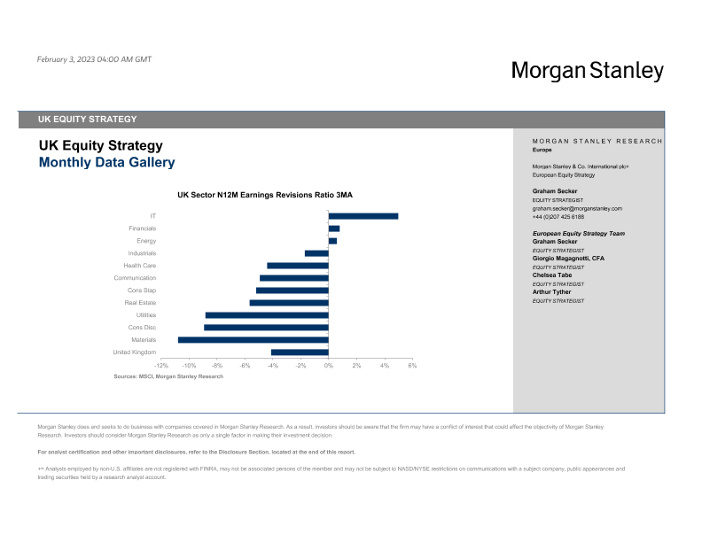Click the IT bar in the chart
point(363,216)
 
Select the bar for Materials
point(253,340)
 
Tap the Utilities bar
point(267,315)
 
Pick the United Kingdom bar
point(300,352)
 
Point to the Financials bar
point(334,228)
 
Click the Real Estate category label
point(141,303)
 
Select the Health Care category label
point(140,266)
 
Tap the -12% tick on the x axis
point(161,365)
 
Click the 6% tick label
point(412,365)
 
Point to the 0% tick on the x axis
point(328,365)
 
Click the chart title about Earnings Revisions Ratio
point(265,194)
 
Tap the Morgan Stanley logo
point(587,71)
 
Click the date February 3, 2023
point(95,59)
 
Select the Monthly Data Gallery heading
point(106,163)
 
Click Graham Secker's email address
point(577,208)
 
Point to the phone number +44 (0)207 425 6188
point(558,216)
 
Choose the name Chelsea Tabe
point(552,275)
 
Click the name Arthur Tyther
point(552,291)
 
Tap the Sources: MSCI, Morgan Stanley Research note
point(168,376)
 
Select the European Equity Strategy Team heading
point(579,233)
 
